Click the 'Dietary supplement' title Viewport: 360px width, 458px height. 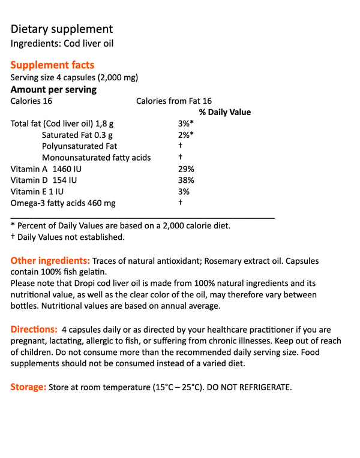point(61,29)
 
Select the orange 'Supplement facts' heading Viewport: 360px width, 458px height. point(52,65)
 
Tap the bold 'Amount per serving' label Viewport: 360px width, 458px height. point(53,90)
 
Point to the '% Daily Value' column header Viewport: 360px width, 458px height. point(225,112)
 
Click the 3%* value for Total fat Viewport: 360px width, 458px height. point(186,123)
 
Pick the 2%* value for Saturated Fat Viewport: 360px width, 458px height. point(186,135)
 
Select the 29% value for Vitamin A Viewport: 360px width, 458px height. point(186,169)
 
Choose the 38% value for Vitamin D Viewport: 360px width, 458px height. point(186,180)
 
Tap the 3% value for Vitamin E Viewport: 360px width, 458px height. point(184,192)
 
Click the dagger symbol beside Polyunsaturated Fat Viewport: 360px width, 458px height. point(180,146)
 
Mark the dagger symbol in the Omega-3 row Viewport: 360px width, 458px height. point(180,203)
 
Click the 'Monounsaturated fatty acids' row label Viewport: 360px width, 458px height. point(96,158)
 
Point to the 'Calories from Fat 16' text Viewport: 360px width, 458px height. point(174,101)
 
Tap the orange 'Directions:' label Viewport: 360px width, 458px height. point(34,330)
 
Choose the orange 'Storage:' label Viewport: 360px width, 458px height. point(28,387)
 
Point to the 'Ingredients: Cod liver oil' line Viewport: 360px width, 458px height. point(62,44)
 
